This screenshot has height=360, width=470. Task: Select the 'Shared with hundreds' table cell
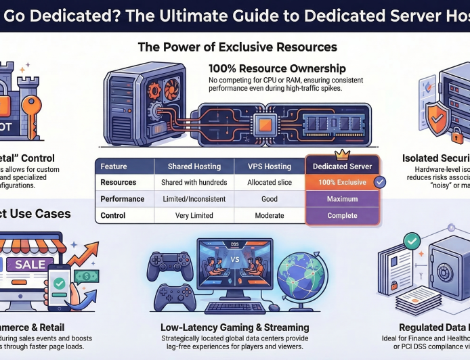(x=193, y=183)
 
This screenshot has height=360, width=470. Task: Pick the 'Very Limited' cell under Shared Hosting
(x=193, y=216)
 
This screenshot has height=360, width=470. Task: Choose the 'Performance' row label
(x=123, y=200)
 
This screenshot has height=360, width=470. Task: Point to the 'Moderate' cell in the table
(x=270, y=216)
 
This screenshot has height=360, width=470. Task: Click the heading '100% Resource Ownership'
(x=277, y=68)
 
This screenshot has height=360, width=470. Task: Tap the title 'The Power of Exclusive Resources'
(x=237, y=47)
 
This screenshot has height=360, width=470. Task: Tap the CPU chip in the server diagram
(x=260, y=124)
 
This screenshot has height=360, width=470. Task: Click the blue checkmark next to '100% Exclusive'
(x=380, y=182)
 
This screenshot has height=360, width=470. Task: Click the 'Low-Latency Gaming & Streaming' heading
(x=234, y=328)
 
